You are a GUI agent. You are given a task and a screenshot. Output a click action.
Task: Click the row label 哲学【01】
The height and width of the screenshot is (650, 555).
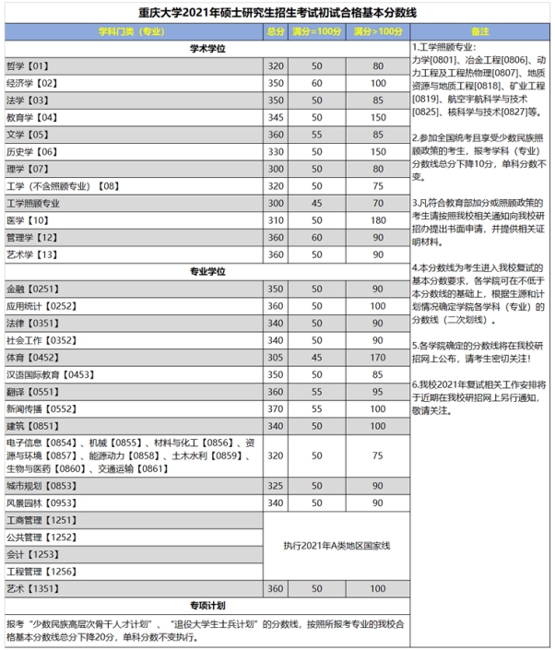coord(28,66)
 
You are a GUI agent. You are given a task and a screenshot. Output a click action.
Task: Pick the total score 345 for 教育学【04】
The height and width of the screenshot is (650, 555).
coord(276,117)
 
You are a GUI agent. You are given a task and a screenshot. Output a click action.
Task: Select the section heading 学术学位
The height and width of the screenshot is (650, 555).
coord(207,48)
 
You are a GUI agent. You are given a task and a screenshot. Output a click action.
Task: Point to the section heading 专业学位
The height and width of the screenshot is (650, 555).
coord(207,271)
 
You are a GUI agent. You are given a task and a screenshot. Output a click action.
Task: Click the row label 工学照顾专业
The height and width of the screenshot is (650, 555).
coord(34,203)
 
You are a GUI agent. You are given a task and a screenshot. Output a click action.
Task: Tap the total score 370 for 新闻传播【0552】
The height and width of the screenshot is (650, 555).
coord(276,408)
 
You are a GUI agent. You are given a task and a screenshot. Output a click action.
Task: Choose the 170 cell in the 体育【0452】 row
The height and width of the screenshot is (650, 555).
coord(377,357)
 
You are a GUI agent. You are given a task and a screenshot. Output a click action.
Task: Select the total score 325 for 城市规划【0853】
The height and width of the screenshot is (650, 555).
coord(276,485)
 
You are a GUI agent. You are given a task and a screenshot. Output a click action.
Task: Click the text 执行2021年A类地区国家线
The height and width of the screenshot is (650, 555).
coord(337,546)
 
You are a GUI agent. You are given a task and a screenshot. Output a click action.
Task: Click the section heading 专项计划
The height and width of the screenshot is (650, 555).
coord(207,606)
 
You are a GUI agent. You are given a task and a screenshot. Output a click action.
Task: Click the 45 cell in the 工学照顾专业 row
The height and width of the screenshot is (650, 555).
coord(316,203)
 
